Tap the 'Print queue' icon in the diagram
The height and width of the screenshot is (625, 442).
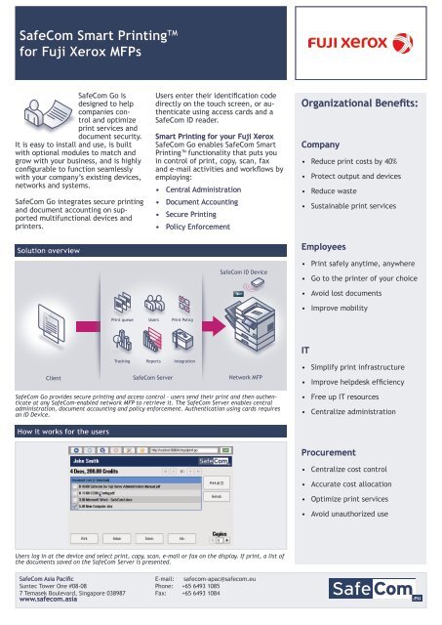[x=121, y=301]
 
